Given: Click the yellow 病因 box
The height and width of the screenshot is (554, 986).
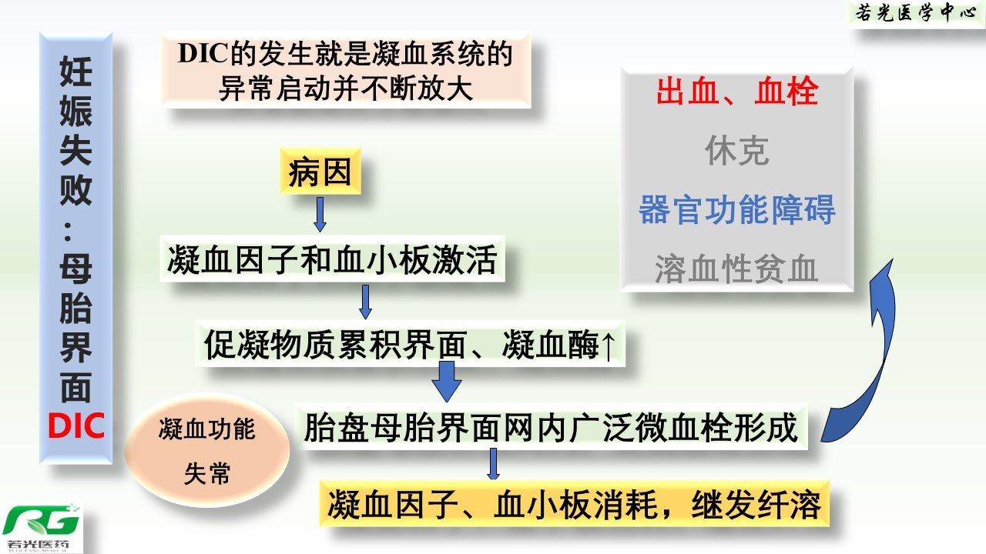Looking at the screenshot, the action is pos(320,172).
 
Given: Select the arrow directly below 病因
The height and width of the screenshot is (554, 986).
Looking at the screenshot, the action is pos(320,214).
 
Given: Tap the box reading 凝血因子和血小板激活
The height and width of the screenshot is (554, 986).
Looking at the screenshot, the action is pos(332,259).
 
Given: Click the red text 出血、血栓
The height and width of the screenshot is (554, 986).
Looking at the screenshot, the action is pos(737,92).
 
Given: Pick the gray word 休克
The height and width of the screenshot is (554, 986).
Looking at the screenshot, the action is pos(737,150).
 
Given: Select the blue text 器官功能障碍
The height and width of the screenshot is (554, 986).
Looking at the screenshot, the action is pos(737,209).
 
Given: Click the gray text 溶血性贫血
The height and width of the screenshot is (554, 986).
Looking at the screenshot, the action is pos(737,269).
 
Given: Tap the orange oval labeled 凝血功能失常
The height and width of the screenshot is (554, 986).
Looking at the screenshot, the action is pos(207,450).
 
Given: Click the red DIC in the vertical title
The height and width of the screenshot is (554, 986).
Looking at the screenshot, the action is pos(76,426).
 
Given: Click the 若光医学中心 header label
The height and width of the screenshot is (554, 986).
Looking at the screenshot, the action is pos(916,13).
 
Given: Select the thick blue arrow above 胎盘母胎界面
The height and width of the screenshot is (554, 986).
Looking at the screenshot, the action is pos(447,381).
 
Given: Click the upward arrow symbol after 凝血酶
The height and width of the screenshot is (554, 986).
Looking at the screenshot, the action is pos(608,346).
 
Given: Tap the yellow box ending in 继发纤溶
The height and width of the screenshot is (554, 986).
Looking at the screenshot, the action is pos(575,504).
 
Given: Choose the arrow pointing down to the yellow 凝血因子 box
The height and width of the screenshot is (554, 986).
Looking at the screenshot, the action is pos(494,464).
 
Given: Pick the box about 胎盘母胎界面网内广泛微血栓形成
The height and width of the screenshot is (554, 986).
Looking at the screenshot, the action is pos(552,426).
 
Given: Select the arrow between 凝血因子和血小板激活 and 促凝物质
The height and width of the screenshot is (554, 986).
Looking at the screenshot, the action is pos(365,302).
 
